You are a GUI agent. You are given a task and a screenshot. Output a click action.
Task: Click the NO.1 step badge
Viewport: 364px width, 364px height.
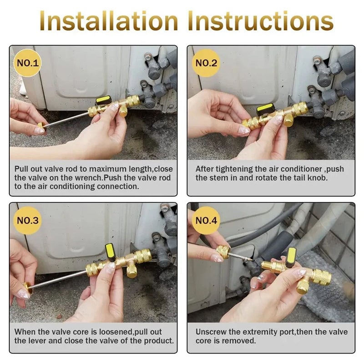27,63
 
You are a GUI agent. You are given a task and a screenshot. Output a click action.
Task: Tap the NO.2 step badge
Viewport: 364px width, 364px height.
206,63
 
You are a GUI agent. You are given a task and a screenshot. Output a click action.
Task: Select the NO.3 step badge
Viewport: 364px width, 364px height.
27,220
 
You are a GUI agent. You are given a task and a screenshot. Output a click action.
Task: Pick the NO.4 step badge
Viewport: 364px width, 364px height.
206,220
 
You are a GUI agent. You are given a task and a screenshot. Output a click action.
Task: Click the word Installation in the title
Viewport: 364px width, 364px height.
109,21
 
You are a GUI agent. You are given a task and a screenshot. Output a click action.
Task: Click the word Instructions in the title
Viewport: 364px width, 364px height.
261,21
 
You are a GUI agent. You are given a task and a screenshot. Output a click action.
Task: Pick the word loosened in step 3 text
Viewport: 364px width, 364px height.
116,332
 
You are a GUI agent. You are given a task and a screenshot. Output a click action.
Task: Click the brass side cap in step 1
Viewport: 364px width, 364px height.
123,111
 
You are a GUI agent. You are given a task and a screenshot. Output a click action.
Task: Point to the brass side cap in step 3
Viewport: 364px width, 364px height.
132,272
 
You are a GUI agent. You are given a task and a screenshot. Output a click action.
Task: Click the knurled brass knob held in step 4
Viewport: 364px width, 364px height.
223,252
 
